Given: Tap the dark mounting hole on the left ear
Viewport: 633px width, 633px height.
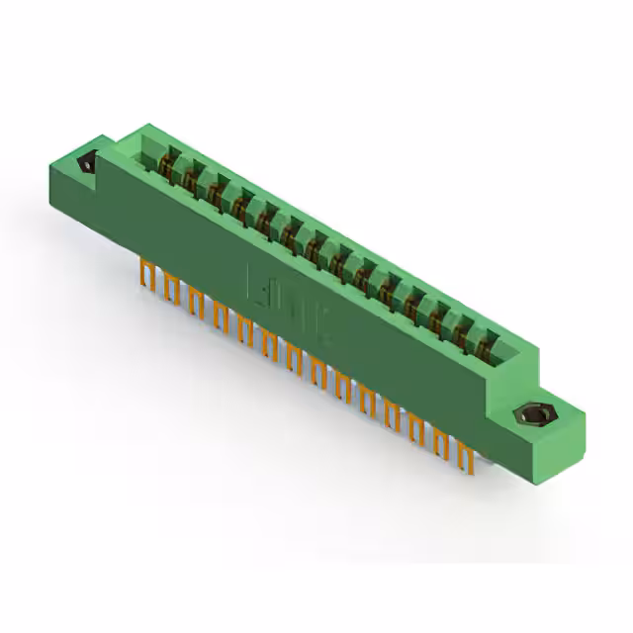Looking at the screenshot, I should pyautogui.click(x=86, y=161).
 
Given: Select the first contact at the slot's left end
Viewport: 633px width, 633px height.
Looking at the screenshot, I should pyautogui.click(x=166, y=164).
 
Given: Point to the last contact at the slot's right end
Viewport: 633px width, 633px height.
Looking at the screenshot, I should pyautogui.click(x=485, y=341).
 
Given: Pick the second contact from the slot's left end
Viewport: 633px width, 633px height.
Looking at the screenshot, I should pyautogui.click(x=188, y=176).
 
